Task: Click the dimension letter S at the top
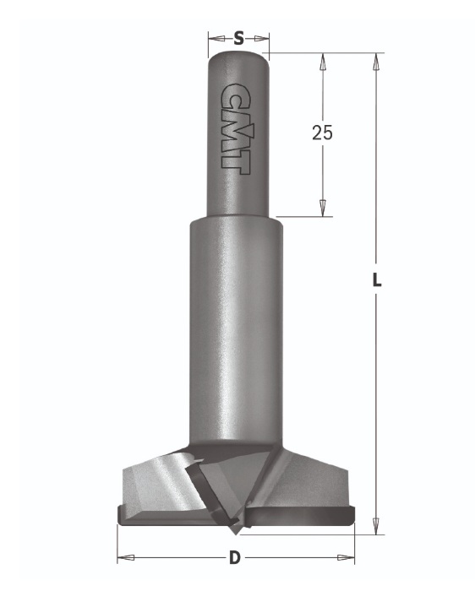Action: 238,38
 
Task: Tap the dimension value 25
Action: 322,133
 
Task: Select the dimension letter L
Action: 376,280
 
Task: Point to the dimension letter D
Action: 235,557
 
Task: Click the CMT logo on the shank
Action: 235,129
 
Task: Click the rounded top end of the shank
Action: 238,57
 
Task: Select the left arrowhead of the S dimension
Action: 216,38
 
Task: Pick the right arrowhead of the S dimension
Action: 261,38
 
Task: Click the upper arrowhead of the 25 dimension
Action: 323,62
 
